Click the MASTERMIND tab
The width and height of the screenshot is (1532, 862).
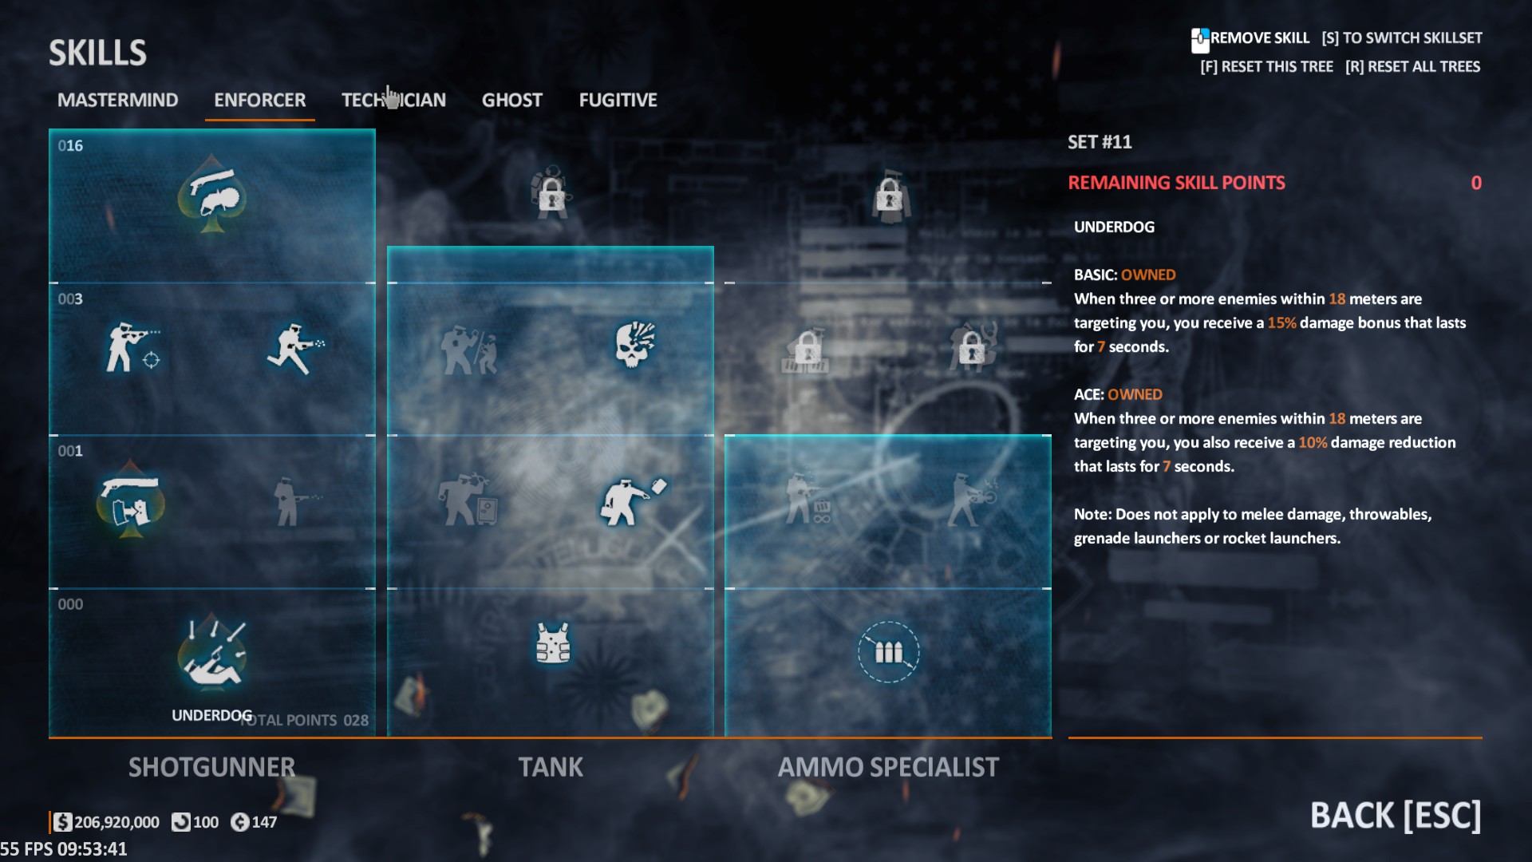click(117, 100)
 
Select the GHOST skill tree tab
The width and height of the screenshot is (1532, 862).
click(511, 100)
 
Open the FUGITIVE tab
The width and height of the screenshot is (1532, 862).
click(618, 100)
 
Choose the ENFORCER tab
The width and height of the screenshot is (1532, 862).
click(259, 100)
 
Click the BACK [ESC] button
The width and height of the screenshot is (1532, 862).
click(1395, 815)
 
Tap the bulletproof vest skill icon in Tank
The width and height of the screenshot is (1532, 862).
click(552, 643)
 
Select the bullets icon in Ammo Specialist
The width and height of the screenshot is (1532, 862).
click(888, 652)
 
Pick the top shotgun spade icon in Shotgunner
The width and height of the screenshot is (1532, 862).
click(211, 194)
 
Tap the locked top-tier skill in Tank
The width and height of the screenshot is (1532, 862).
click(551, 193)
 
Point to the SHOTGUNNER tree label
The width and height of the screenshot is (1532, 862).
click(211, 767)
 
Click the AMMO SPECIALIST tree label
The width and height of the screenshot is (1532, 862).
click(888, 767)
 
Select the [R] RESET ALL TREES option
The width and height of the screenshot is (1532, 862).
click(1412, 67)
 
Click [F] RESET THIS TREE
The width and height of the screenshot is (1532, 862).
click(1266, 67)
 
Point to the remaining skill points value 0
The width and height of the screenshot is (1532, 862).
click(1475, 183)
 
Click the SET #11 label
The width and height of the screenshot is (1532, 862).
click(1100, 142)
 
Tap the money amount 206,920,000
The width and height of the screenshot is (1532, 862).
click(116, 822)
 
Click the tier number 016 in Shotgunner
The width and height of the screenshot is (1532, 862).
click(70, 146)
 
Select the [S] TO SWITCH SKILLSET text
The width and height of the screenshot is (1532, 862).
click(1401, 38)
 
